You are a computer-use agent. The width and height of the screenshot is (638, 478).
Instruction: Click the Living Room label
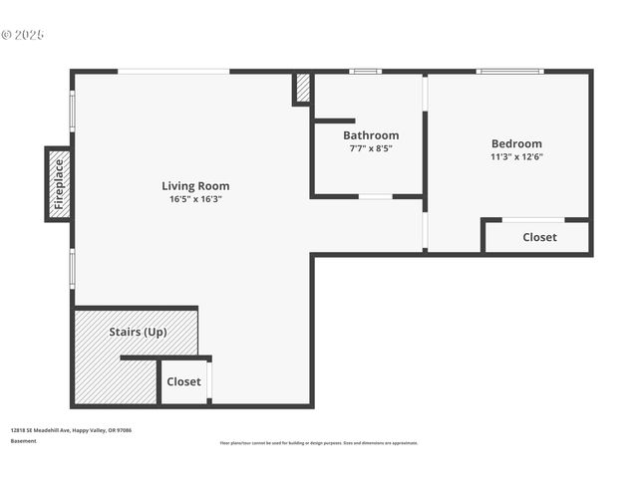pyautogui.click(x=195, y=185)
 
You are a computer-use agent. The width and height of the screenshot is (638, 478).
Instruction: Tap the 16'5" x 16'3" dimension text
pyautogui.click(x=195, y=199)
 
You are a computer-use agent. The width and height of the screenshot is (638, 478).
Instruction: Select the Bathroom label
pyautogui.click(x=371, y=135)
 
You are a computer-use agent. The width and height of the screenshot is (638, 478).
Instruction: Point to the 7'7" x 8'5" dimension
pyautogui.click(x=371, y=148)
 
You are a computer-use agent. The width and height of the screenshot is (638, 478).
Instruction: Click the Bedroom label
pyautogui.click(x=516, y=143)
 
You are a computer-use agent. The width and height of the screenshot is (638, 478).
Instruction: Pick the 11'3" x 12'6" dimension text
pyautogui.click(x=516, y=156)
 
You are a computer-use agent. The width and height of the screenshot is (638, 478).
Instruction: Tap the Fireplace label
pyautogui.click(x=59, y=183)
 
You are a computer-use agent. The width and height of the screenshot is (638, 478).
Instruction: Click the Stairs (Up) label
pyautogui.click(x=138, y=332)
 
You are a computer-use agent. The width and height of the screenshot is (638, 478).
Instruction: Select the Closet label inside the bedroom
pyautogui.click(x=539, y=237)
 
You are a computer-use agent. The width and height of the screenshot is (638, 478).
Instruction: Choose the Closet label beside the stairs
pyautogui.click(x=183, y=381)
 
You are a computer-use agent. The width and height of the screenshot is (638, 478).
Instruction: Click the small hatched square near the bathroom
pyautogui.click(x=302, y=89)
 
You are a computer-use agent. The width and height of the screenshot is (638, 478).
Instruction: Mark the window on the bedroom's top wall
pyautogui.click(x=509, y=71)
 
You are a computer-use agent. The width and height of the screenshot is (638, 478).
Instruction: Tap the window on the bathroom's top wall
pyautogui.click(x=365, y=71)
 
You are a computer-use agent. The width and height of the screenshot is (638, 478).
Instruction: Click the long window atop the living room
pyautogui.click(x=173, y=71)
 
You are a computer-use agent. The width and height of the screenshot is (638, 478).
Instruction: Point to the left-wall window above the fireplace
pyautogui.click(x=72, y=111)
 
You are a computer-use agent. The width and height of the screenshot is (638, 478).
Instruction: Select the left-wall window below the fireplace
pyautogui.click(x=72, y=268)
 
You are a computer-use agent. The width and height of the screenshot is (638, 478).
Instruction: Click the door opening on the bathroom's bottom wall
pyautogui.click(x=376, y=196)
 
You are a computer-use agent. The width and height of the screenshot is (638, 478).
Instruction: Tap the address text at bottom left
pyautogui.click(x=71, y=430)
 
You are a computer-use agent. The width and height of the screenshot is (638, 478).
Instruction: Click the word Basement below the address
pyautogui.click(x=24, y=440)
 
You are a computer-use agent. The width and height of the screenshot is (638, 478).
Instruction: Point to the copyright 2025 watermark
pyautogui.click(x=23, y=35)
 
